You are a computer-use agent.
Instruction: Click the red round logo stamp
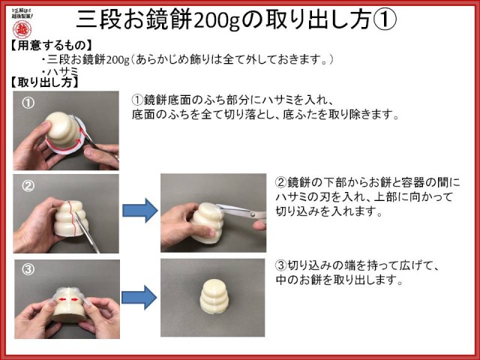tap(22, 30)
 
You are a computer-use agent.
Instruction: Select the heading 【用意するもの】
tap(51, 46)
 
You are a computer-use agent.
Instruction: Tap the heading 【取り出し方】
tap(44, 82)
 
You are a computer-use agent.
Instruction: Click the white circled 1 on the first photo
tap(28, 103)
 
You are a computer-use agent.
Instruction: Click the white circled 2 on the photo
tap(28, 185)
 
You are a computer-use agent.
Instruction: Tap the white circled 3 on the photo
tap(28, 269)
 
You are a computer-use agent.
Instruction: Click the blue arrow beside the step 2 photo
tap(140, 211)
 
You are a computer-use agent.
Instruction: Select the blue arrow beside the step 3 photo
tap(139, 297)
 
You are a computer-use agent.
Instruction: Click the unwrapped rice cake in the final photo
tap(213, 296)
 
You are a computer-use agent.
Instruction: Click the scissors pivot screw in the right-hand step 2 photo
tap(253, 214)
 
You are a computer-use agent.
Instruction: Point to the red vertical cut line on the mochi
tap(70, 215)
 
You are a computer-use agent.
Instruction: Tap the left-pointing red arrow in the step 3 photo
tap(63, 299)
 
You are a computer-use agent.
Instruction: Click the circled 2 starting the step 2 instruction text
tap(281, 183)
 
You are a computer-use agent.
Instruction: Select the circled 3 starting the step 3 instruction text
tap(281, 265)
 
